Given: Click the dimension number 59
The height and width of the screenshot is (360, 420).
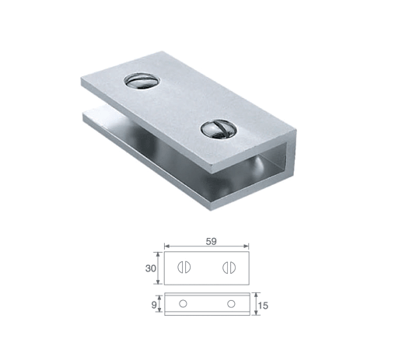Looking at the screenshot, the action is pyautogui.click(x=211, y=241).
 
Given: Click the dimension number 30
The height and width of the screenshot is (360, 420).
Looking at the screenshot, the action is pyautogui.click(x=151, y=268).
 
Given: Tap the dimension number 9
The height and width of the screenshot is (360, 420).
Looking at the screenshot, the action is pyautogui.click(x=154, y=305).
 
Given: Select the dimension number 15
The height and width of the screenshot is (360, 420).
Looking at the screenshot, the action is pyautogui.click(x=264, y=306).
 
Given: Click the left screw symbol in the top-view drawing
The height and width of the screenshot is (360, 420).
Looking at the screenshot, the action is pyautogui.click(x=184, y=267).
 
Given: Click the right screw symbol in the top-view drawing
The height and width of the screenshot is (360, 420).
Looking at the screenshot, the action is pyautogui.click(x=229, y=267).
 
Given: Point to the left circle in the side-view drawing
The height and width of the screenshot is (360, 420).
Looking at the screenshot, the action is pyautogui.click(x=183, y=304).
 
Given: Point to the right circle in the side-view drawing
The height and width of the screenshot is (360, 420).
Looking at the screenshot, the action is pyautogui.click(x=231, y=304).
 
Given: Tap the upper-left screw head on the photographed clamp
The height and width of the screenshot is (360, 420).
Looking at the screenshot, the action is pyautogui.click(x=142, y=81).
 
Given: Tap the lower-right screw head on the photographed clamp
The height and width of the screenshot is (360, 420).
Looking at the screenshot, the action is pyautogui.click(x=219, y=130).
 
